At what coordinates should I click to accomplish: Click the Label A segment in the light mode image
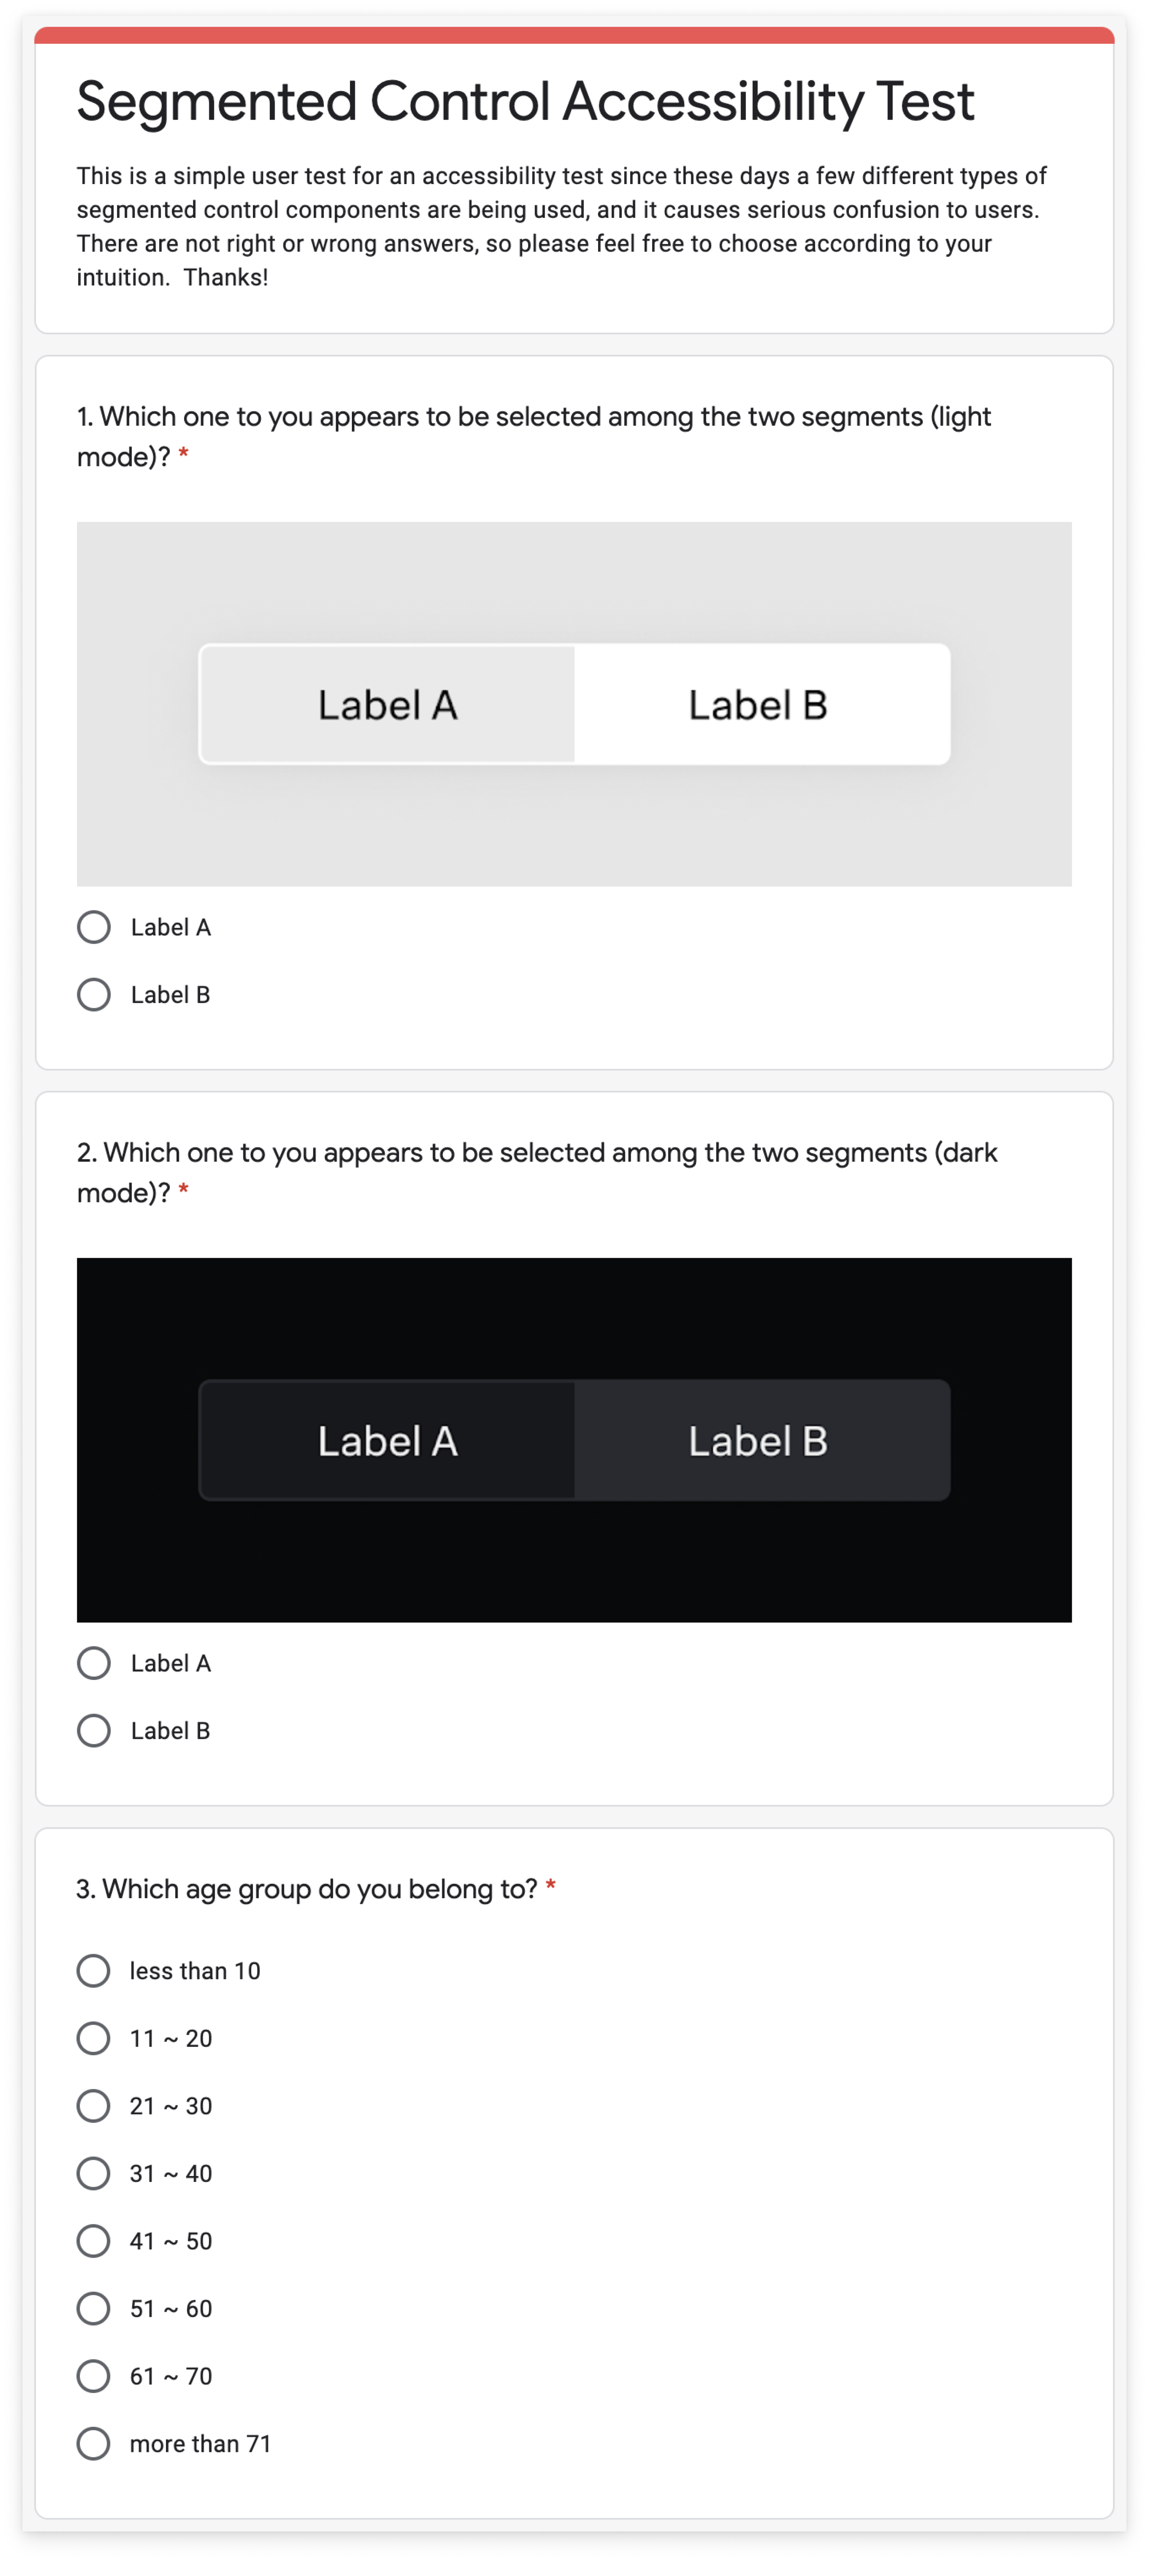pos(387,705)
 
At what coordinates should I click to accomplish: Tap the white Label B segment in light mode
pos(759,705)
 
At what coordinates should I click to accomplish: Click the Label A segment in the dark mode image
pos(387,1440)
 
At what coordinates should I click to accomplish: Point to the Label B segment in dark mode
pos(759,1440)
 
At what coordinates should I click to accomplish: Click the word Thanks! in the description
pos(226,277)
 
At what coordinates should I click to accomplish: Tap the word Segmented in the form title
pos(217,102)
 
